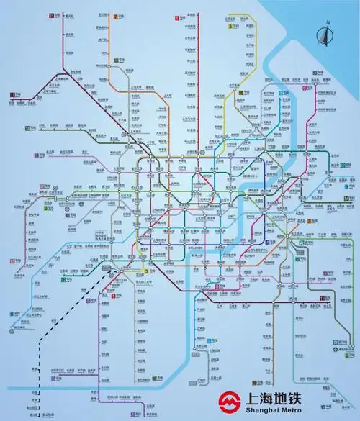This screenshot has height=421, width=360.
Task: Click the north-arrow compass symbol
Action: coord(325,34)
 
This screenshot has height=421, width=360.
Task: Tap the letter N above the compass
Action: coord(326,23)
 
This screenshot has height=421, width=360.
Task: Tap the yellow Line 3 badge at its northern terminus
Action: coord(230,26)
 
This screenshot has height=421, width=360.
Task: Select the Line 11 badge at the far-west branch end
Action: coord(12,95)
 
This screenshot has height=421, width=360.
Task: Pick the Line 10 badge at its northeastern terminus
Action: coord(315,73)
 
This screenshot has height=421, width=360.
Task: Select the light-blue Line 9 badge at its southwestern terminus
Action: coord(12,314)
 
